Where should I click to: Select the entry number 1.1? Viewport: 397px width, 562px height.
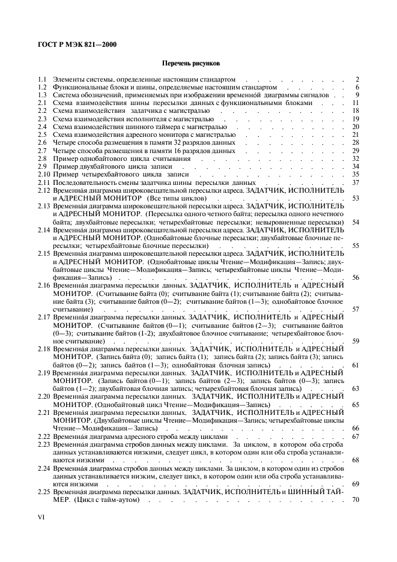(x=41, y=79)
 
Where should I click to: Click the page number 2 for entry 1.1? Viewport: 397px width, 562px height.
(x=357, y=79)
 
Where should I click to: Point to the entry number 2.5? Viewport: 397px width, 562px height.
(x=41, y=134)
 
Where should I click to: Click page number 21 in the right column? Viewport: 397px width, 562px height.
(x=355, y=134)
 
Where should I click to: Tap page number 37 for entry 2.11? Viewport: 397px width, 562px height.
(x=355, y=182)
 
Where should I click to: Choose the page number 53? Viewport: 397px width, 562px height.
(x=355, y=198)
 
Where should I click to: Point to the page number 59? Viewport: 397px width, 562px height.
(x=355, y=340)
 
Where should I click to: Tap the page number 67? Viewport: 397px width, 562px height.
(x=355, y=436)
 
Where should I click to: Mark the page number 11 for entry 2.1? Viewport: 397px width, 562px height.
(x=355, y=103)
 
